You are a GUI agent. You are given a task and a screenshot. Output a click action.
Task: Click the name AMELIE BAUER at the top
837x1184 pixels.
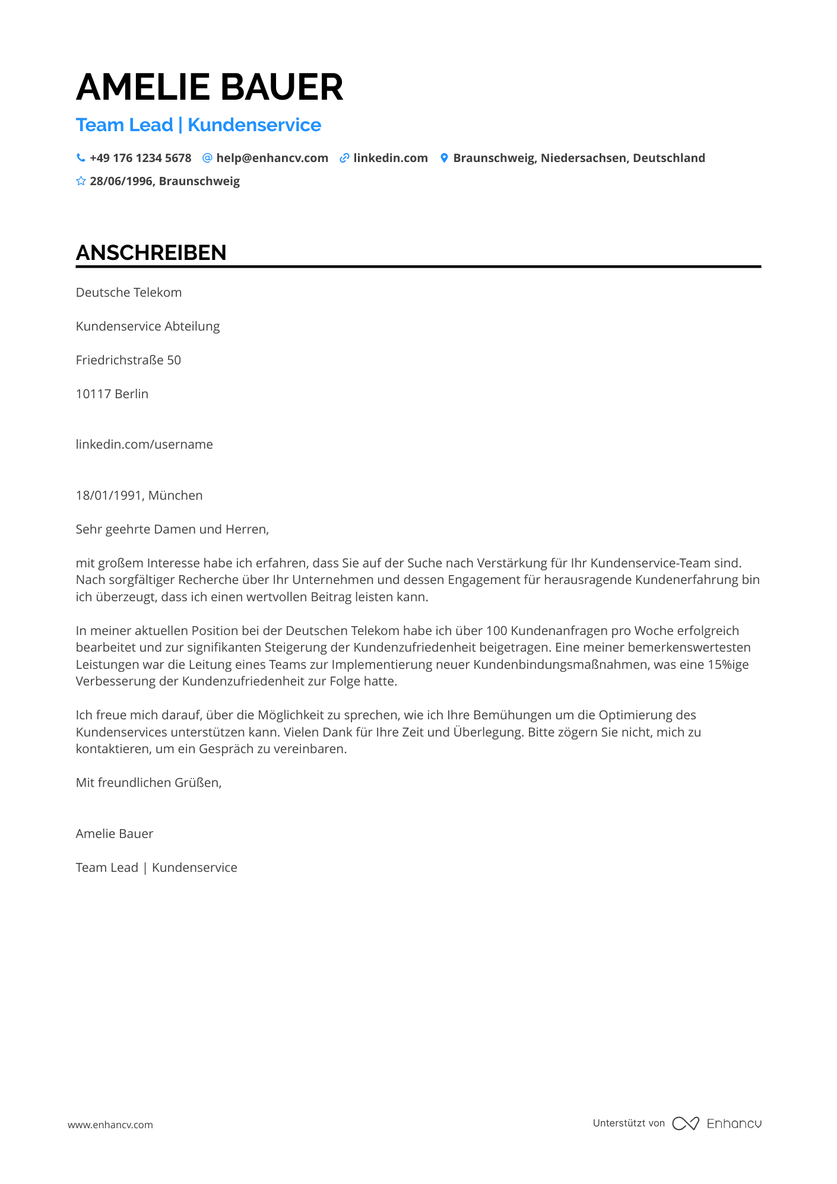(x=210, y=87)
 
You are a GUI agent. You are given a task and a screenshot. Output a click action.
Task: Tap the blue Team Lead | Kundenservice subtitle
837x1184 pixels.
(x=198, y=125)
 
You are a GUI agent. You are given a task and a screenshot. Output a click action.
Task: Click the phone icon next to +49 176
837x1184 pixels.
(x=81, y=158)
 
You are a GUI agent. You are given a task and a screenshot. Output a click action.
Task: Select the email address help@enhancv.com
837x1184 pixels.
(x=272, y=158)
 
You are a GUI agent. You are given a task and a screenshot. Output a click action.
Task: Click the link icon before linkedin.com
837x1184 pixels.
(x=344, y=158)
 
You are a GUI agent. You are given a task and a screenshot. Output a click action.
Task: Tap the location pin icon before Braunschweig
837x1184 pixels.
(x=444, y=158)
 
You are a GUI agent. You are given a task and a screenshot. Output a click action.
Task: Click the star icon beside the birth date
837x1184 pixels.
(x=81, y=181)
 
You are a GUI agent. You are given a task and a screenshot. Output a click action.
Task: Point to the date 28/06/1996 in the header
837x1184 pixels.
(x=122, y=181)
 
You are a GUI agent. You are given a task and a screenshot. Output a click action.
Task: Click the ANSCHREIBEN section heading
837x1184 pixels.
(x=151, y=253)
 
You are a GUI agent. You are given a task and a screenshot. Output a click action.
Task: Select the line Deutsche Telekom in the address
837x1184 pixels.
(x=129, y=293)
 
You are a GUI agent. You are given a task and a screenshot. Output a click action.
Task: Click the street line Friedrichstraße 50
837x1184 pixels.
(x=128, y=360)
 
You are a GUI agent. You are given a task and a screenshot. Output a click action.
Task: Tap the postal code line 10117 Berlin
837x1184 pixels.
(x=112, y=394)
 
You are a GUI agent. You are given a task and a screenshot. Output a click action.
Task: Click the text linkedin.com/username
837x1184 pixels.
(x=144, y=445)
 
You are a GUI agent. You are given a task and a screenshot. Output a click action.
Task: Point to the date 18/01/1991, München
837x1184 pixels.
(x=139, y=496)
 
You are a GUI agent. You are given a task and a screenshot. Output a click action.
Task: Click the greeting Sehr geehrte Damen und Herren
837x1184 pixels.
(x=172, y=529)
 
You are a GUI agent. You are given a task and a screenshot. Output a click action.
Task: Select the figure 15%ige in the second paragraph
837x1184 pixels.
(x=728, y=665)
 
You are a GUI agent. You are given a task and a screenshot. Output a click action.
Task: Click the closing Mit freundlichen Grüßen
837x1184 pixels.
(x=148, y=783)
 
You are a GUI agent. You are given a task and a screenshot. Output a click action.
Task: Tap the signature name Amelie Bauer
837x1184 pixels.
(x=115, y=834)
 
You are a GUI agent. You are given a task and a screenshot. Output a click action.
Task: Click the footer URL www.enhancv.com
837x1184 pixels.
(x=110, y=1125)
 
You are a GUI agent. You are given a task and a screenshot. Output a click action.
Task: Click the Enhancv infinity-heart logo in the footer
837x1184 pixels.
(x=686, y=1123)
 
